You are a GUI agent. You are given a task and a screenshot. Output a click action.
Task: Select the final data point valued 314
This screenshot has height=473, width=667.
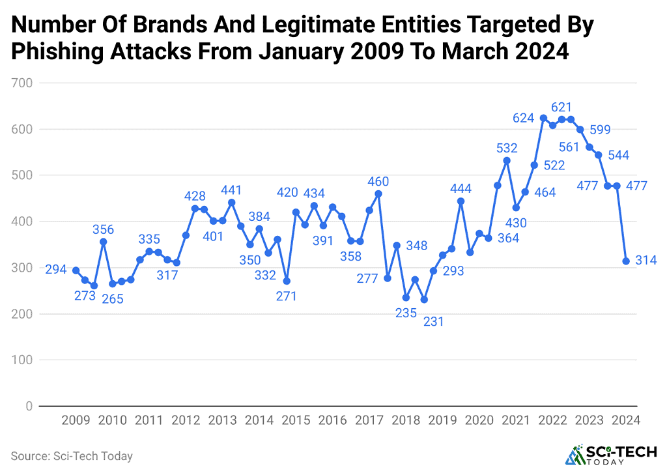626,261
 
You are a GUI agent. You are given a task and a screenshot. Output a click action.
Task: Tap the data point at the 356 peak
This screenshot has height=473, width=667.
103,242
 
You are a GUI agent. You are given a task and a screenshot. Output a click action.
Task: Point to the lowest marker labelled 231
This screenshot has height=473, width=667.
424,300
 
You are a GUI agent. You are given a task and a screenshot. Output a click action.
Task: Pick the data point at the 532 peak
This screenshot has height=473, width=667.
507,160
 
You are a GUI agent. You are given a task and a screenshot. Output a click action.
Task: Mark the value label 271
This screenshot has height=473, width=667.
287,296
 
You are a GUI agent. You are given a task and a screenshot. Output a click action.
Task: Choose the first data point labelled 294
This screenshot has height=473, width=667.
76,270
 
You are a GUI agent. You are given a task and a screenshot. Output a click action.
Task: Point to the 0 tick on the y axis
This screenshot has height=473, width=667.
29,407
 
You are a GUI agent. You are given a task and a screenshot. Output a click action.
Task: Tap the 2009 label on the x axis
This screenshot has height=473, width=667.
76,421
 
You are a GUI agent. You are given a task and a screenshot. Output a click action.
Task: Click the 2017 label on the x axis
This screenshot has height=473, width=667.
369,421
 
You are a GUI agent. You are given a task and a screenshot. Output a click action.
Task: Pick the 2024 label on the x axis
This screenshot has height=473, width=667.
626,421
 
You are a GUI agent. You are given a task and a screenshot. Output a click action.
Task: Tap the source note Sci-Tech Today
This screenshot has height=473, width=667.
72,456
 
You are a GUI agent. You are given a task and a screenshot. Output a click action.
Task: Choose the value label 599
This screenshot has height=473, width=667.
600,130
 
